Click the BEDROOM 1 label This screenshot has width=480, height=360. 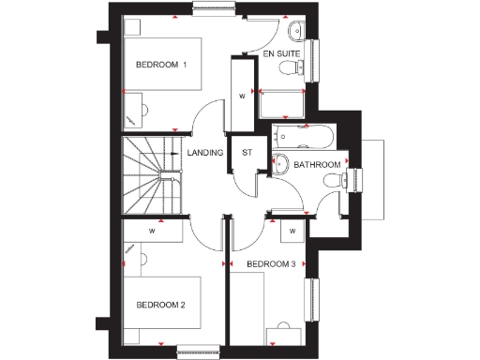pos(161,65)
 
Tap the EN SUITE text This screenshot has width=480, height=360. pos(282,55)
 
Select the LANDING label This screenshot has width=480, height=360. pos(204,153)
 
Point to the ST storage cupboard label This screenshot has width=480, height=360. pos(247,153)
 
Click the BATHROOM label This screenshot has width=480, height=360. pos(317,165)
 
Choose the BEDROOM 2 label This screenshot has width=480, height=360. pos(161,305)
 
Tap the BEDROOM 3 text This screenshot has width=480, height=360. pos(271,264)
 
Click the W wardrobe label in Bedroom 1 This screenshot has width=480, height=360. pos(242,95)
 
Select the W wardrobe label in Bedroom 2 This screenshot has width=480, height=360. pos(152,230)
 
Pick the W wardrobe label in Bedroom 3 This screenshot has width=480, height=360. pos(292,230)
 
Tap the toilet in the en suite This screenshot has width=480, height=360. pos(297,32)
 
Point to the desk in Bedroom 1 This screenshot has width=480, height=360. pos(137,112)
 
